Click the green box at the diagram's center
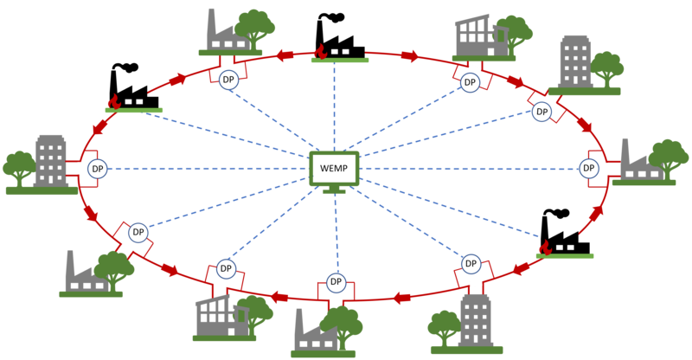pos(334,168)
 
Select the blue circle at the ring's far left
pos(97,169)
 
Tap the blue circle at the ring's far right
pos(589,168)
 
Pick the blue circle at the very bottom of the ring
pos(336,282)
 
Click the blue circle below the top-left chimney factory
pos(228,80)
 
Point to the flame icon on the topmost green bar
pos(320,51)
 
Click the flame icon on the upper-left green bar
pos(112,101)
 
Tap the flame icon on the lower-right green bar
pos(544,247)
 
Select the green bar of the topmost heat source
pos(340,60)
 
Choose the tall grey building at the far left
pos(50,160)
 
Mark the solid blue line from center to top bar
pos(334,104)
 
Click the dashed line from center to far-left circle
pos(208,169)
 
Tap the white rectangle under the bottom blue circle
pos(336,301)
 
